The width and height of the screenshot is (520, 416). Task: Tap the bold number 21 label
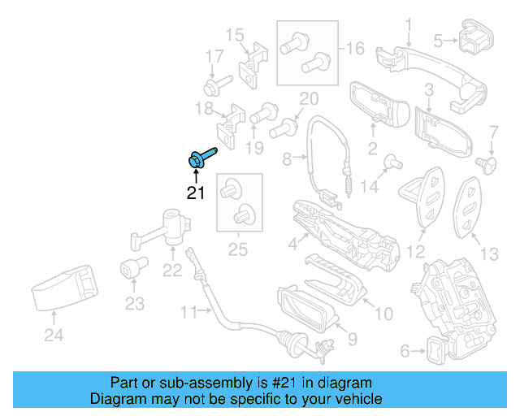(x=196, y=193)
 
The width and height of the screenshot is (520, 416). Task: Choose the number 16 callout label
(x=354, y=49)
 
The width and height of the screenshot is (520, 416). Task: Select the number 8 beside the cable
(x=287, y=160)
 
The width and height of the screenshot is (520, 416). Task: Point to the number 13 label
(x=489, y=254)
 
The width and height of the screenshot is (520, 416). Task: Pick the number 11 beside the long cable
(x=188, y=311)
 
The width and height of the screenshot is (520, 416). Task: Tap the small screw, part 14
(x=391, y=161)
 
